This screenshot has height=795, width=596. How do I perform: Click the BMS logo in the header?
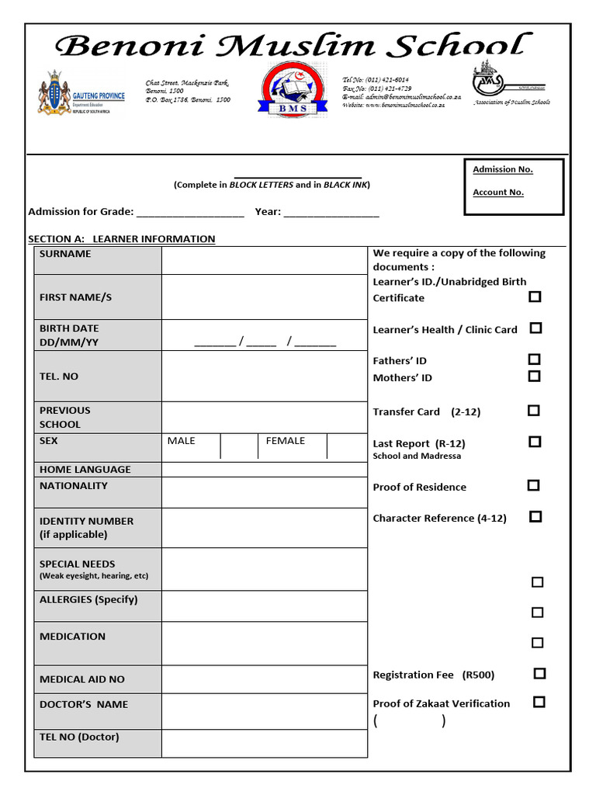(289, 89)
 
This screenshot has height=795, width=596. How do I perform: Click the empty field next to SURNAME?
(264, 261)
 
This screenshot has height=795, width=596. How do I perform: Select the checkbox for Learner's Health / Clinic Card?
(535, 328)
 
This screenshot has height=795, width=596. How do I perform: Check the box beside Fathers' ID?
(534, 359)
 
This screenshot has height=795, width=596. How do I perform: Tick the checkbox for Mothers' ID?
(534, 377)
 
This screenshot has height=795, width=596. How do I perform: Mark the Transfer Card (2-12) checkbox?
(534, 411)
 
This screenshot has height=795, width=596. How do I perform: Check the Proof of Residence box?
(533, 485)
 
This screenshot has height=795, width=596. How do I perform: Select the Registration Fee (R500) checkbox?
(539, 674)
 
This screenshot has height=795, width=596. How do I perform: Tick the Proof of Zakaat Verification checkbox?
(539, 702)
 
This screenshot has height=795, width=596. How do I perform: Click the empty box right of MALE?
(239, 446)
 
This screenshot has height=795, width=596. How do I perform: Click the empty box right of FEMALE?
(346, 446)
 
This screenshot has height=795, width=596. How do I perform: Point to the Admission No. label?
(503, 169)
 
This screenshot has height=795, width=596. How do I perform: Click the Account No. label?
(498, 193)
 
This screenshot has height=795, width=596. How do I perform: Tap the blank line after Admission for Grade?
(190, 213)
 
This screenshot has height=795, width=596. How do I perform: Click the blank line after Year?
(331, 213)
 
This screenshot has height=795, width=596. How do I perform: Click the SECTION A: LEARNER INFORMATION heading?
(122, 239)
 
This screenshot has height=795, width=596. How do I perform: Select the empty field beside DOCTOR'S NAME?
(264, 711)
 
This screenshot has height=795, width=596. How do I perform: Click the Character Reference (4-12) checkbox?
(535, 516)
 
